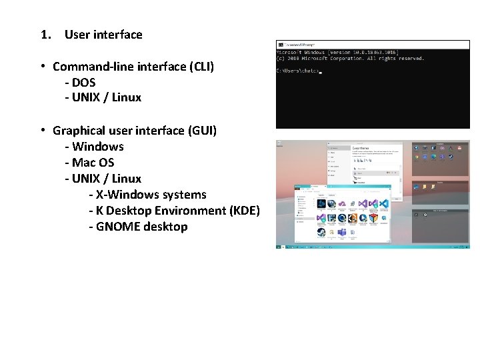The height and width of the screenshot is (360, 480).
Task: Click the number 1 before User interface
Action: [44, 35]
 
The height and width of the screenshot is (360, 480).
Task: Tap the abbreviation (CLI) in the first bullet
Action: [201, 67]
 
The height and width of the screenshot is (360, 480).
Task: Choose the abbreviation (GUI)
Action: [203, 131]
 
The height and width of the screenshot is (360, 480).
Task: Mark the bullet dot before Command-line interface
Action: [42, 67]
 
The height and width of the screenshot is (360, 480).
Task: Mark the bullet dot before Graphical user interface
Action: [42, 131]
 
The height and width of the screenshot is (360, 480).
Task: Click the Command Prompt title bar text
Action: [303, 44]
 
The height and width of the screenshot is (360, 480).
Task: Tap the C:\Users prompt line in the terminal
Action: [298, 71]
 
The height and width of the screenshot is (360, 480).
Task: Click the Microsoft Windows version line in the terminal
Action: [337, 52]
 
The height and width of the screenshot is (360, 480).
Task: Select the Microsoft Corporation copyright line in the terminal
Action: [350, 58]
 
